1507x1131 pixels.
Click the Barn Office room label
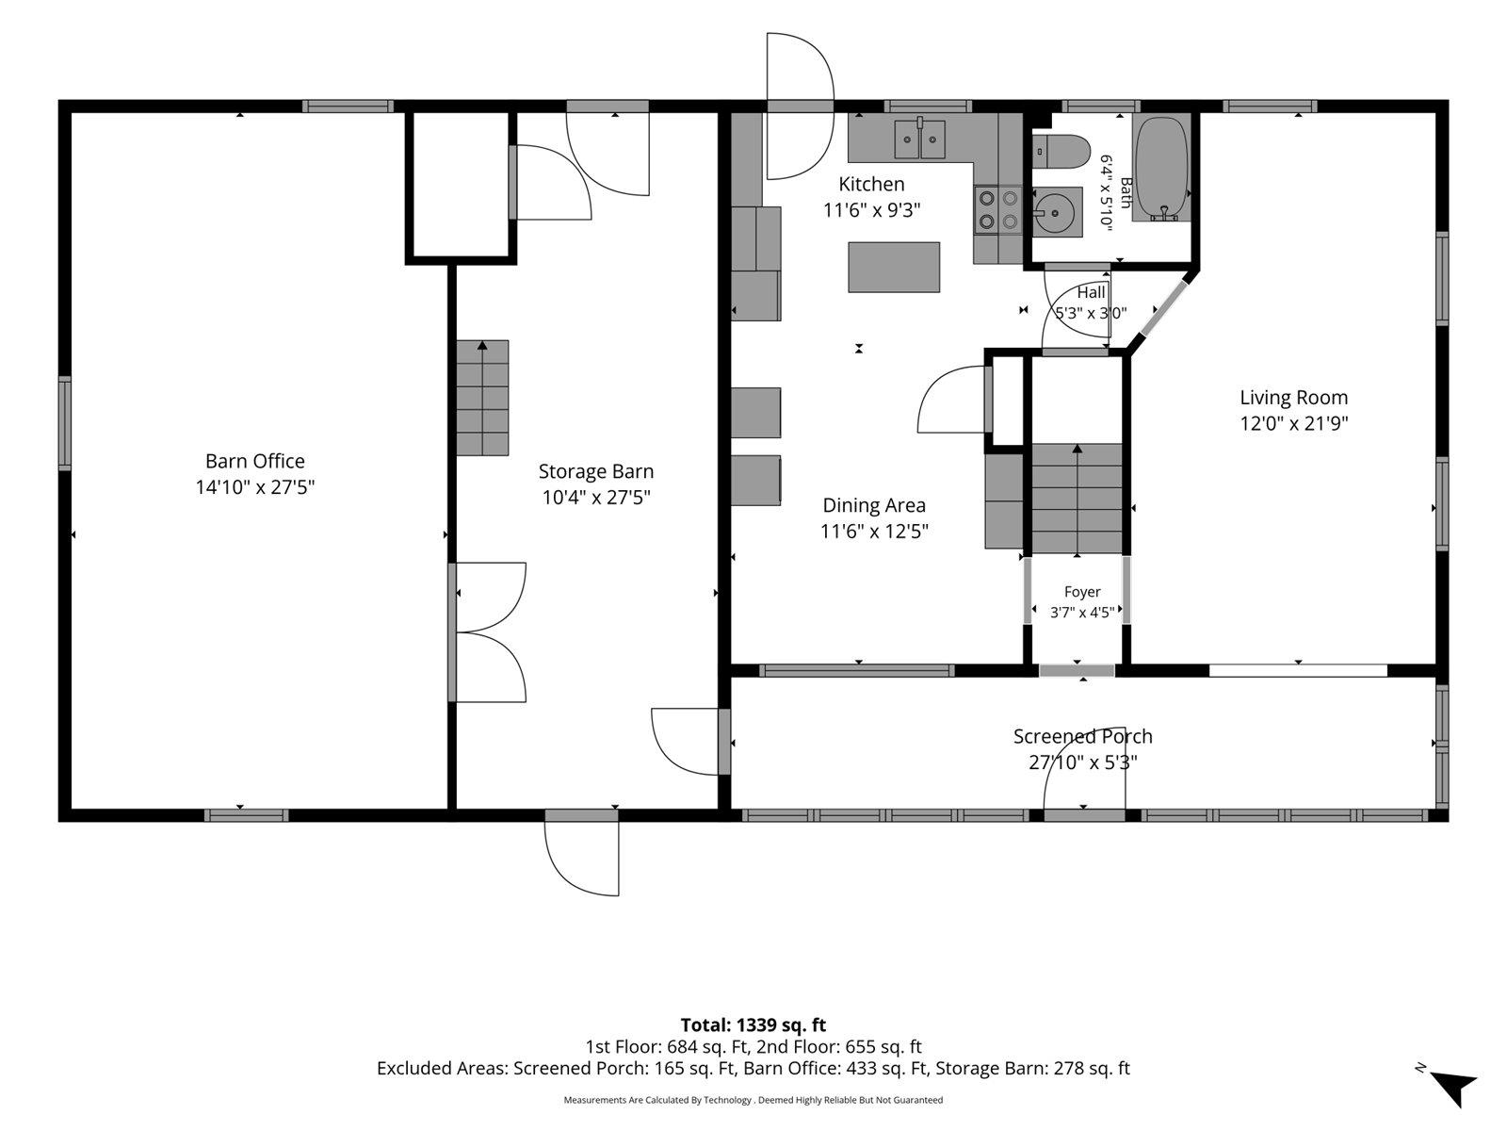pyautogui.click(x=254, y=461)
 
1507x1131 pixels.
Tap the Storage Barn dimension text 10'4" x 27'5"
pyautogui.click(x=596, y=498)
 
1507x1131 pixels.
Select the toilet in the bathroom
pyautogui.click(x=1061, y=151)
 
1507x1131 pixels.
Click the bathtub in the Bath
pyautogui.click(x=1161, y=169)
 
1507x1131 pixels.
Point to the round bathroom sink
pyautogui.click(x=1057, y=212)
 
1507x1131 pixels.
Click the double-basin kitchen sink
pyautogui.click(x=919, y=139)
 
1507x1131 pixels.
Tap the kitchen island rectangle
pyautogui.click(x=894, y=267)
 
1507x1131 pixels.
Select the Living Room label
pyautogui.click(x=1293, y=398)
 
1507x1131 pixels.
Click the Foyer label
pyautogui.click(x=1082, y=592)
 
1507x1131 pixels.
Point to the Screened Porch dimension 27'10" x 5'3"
pyautogui.click(x=1083, y=762)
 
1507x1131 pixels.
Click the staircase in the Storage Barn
pyautogui.click(x=482, y=398)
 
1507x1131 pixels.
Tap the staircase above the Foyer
pyautogui.click(x=1078, y=500)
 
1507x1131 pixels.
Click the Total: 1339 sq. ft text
pyautogui.click(x=753, y=1025)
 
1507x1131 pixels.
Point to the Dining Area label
pyautogui.click(x=874, y=505)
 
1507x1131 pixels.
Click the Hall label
pyautogui.click(x=1091, y=292)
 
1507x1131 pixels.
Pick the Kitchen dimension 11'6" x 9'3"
pyautogui.click(x=871, y=210)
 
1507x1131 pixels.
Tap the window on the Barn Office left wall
pyautogui.click(x=65, y=423)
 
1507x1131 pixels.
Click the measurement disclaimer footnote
pyautogui.click(x=753, y=1100)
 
